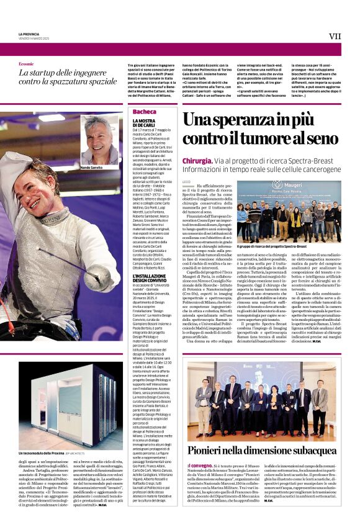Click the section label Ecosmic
pyautogui.click(x=27, y=64)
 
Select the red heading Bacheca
pyautogui.click(x=145, y=112)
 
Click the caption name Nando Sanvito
pyautogui.click(x=92, y=168)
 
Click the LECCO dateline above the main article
pyautogui.click(x=186, y=182)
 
